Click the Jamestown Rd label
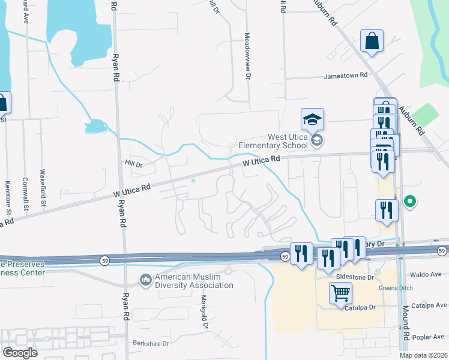pyautogui.click(x=345, y=76)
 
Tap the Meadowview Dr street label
pyautogui.click(x=247, y=55)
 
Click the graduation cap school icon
pyautogui.click(x=312, y=119)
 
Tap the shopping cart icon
pyautogui.click(x=340, y=293)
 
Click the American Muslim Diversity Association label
pyautogui.click(x=194, y=281)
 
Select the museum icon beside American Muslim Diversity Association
pyautogui.click(x=145, y=280)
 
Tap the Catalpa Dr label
pyautogui.click(x=360, y=308)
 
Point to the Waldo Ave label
pyautogui.click(x=427, y=274)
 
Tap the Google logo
pyautogui.click(x=20, y=353)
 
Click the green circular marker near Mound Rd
pyautogui.click(x=411, y=201)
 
